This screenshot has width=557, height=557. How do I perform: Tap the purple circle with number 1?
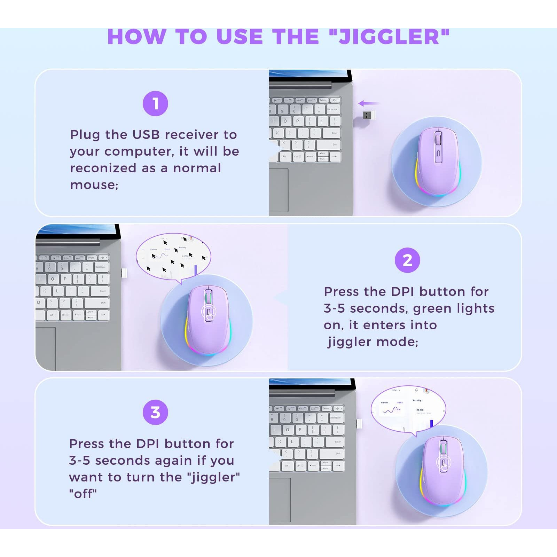[x=155, y=104]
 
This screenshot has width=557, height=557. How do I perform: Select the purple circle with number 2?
[x=407, y=260]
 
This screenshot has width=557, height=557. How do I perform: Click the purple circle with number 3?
[x=155, y=413]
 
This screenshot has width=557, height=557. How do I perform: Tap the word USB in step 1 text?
[x=146, y=134]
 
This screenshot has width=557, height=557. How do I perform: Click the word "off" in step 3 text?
[x=83, y=494]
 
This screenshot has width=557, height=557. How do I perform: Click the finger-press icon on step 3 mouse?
[x=444, y=463]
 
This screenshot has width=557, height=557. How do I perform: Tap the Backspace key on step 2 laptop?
[x=101, y=267]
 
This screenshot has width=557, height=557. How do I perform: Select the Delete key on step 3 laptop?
[x=326, y=408]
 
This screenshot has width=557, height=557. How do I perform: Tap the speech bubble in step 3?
[x=408, y=408]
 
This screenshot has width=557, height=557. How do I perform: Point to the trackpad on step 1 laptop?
[x=278, y=190]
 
